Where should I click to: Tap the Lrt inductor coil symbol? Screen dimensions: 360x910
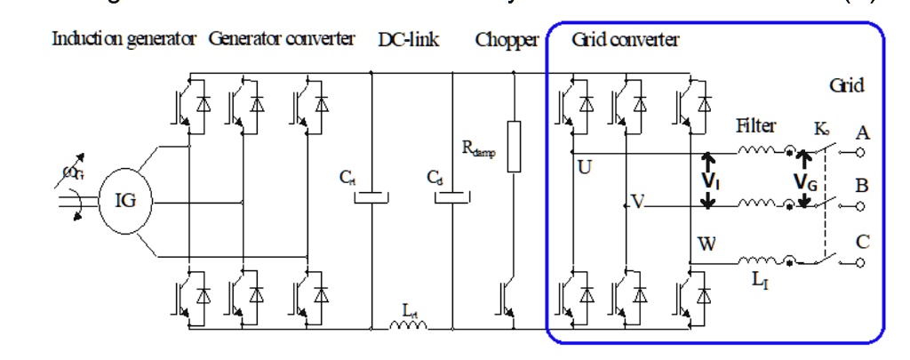click(x=408, y=325)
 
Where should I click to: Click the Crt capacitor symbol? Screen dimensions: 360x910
click(x=369, y=193)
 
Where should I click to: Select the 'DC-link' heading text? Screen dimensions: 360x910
click(x=409, y=39)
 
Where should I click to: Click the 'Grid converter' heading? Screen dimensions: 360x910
click(x=625, y=39)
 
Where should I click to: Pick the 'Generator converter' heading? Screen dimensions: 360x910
click(x=282, y=39)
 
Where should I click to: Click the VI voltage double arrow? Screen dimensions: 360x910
click(x=708, y=181)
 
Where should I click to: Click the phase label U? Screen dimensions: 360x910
click(x=584, y=165)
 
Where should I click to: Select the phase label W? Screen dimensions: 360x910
click(x=706, y=243)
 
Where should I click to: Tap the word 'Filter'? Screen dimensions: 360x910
click(x=755, y=127)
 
